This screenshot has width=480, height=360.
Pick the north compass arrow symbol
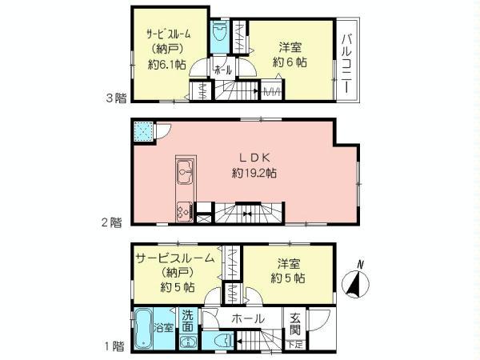click(353, 282)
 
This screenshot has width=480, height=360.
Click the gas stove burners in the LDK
click(182, 212)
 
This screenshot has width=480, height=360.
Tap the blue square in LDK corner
click(142, 130)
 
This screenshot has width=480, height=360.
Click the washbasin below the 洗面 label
click(186, 342)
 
